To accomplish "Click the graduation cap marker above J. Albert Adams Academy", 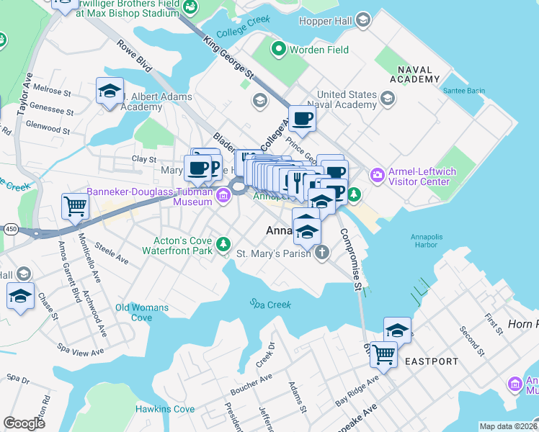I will [x=110, y=91].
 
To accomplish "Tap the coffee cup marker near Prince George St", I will [x=302, y=118].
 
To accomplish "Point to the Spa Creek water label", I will [x=270, y=305].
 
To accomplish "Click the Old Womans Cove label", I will [x=142, y=312].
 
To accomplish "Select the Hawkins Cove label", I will [x=165, y=409].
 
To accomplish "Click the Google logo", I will [x=24, y=423].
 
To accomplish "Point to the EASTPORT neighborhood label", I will [x=431, y=361].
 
